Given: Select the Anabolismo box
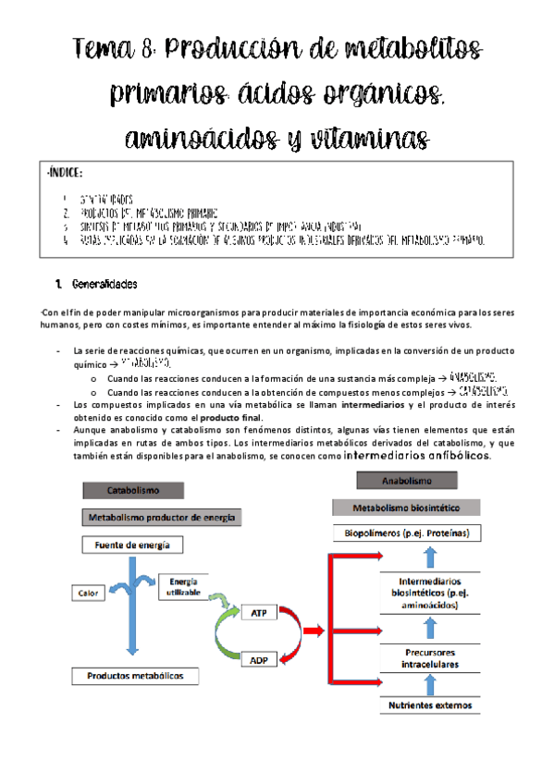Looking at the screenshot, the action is (407, 481).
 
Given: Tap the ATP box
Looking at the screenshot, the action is (259, 613).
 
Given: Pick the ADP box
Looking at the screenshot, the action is (259, 661).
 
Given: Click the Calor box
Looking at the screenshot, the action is (90, 593).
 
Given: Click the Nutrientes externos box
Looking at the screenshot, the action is (429, 705).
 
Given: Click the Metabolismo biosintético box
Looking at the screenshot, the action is (407, 508).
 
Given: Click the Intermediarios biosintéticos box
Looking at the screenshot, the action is (429, 593).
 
